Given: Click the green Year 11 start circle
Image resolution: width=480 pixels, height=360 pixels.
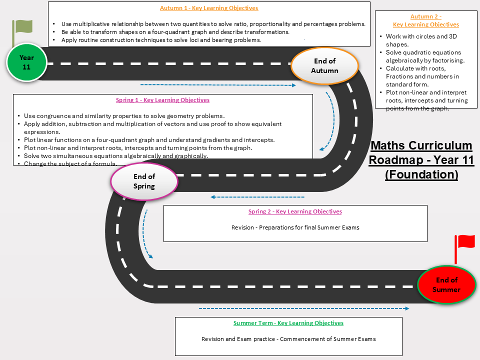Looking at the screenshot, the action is pos(26,62).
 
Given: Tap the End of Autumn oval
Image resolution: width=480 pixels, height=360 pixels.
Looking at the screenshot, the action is pos(324,66).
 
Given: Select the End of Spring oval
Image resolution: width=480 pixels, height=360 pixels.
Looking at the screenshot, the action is pos(144,181).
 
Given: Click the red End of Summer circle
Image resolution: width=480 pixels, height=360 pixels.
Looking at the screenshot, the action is pos(446,284).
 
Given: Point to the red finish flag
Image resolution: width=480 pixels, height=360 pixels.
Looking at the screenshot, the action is pos(464,248).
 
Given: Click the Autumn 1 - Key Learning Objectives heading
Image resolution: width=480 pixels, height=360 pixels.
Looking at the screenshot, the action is pos(209,8).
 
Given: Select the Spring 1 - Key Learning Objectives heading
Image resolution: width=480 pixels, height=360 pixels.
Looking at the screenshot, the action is pos(162,100).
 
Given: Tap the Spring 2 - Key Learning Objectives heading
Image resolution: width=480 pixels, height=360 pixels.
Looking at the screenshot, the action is pos(295,211).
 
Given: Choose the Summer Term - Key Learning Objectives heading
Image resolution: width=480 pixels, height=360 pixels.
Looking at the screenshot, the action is pos(288,322).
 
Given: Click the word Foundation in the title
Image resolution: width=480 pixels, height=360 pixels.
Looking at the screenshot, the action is pos(421,174).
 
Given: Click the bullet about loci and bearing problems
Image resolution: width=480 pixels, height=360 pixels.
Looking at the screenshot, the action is pos(161,40).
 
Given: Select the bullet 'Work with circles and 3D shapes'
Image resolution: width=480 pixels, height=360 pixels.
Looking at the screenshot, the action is pos(421,40).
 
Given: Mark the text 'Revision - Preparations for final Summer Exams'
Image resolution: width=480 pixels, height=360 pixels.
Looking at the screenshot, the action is pos(295,227).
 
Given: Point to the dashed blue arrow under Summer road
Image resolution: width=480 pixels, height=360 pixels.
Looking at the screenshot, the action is pos(304,308).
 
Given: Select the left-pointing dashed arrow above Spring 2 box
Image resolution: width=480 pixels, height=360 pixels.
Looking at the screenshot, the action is pos(257,197).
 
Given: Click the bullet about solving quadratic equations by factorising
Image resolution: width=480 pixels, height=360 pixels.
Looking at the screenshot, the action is pos(425,56).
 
